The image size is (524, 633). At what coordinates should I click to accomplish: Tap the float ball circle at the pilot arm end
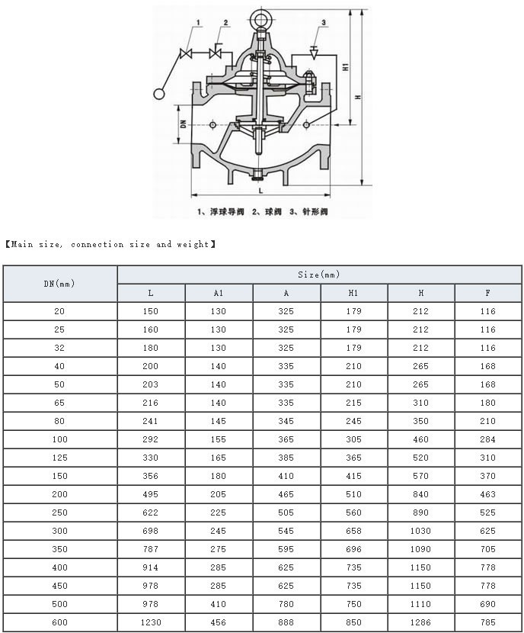pyautogui.click(x=160, y=94)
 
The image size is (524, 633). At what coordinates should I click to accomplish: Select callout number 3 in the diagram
pyautogui.click(x=323, y=23)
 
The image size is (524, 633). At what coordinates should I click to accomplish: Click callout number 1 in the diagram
pyautogui.click(x=199, y=23)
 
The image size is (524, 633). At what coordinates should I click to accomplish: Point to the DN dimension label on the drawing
pyautogui.click(x=184, y=124)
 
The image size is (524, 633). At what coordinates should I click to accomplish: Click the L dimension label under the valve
pyautogui.click(x=260, y=191)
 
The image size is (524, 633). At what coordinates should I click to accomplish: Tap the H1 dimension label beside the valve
pyautogui.click(x=346, y=66)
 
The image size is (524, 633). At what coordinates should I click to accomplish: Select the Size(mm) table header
pyautogui.click(x=319, y=275)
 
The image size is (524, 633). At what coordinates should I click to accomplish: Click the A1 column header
pyautogui.click(x=219, y=293)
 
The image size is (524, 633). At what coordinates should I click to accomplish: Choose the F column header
pyautogui.click(x=487, y=293)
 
